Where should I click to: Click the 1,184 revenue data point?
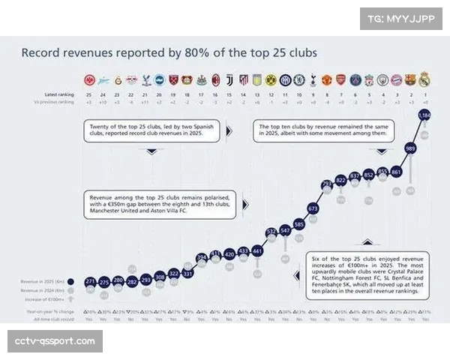tap(424, 115)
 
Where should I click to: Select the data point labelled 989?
tap(410, 148)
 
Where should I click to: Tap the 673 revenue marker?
tap(313, 208)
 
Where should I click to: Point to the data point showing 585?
tap(298, 223)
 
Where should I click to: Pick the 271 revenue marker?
tap(91, 281)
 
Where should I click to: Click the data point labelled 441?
tap(257, 250)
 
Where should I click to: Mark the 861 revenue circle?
tap(396, 172)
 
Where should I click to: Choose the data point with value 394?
tap(202, 257)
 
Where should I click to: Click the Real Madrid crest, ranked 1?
tap(424, 79)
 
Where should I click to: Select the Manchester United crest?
tap(327, 79)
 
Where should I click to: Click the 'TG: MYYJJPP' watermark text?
tap(401, 18)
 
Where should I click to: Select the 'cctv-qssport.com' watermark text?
tap(55, 341)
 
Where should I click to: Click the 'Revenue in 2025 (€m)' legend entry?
tap(43, 282)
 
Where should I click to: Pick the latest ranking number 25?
tap(91, 94)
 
